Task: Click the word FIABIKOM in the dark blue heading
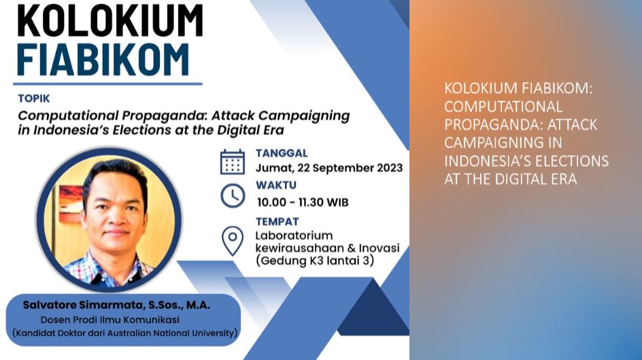(103, 60)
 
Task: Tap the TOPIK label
(34, 98)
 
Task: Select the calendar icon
(233, 162)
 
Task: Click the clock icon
(233, 196)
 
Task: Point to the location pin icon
(233, 241)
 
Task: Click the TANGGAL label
(282, 153)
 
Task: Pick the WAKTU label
(276, 185)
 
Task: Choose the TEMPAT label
(277, 222)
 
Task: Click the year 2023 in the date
(390, 168)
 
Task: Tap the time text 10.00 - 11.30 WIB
(303, 202)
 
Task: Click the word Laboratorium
(294, 235)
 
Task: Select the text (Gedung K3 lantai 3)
(315, 261)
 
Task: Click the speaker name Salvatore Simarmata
(83, 305)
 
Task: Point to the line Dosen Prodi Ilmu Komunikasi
(109, 320)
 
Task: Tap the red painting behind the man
(71, 203)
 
